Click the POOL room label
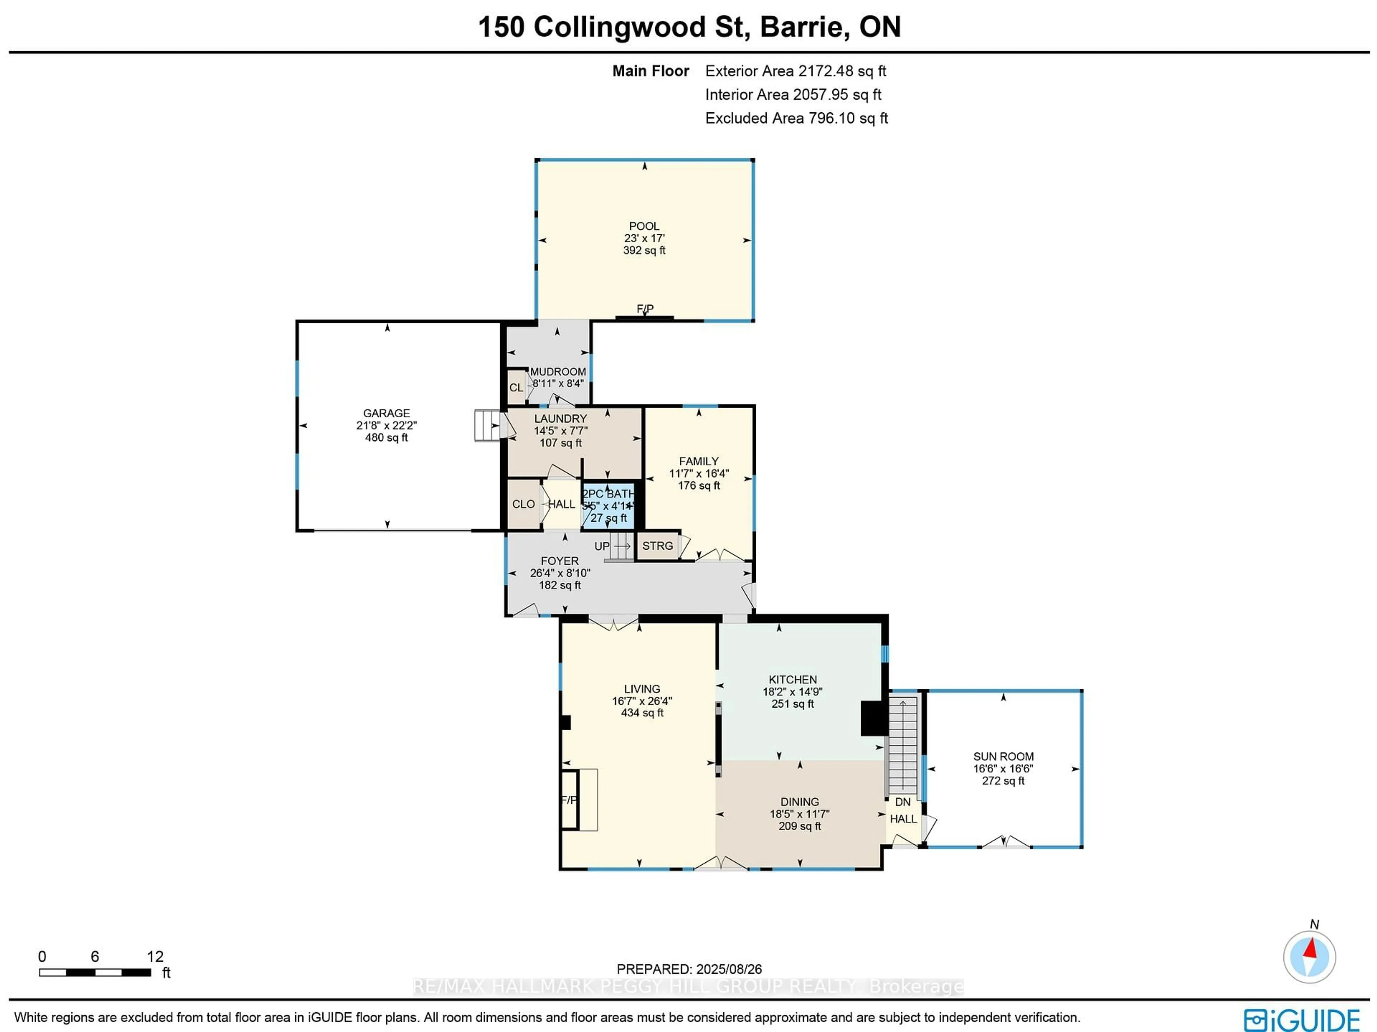coord(644,226)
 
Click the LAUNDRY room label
coord(560,418)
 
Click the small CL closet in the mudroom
coord(516,388)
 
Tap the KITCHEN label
coord(792,680)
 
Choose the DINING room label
coord(799,802)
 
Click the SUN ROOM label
coord(1003,757)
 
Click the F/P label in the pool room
coord(645,309)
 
